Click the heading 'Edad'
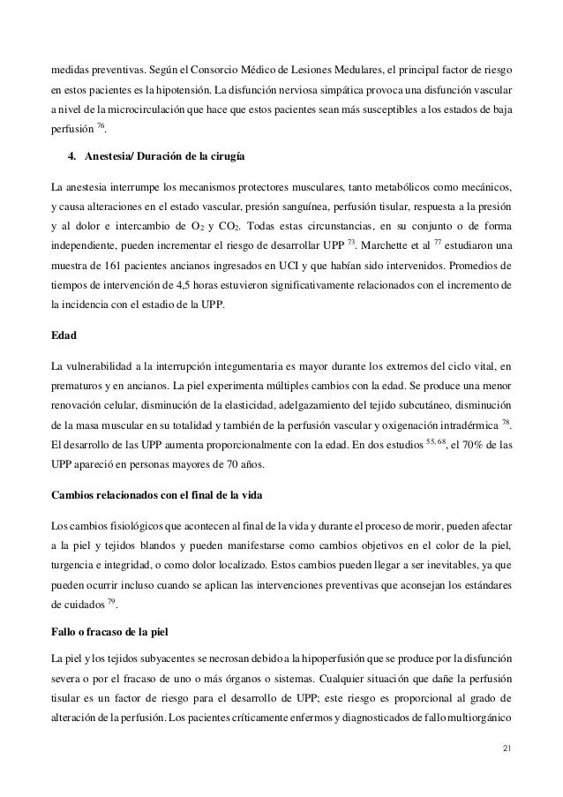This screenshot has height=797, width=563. pos(66,336)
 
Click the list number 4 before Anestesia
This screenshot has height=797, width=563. pos(71,157)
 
